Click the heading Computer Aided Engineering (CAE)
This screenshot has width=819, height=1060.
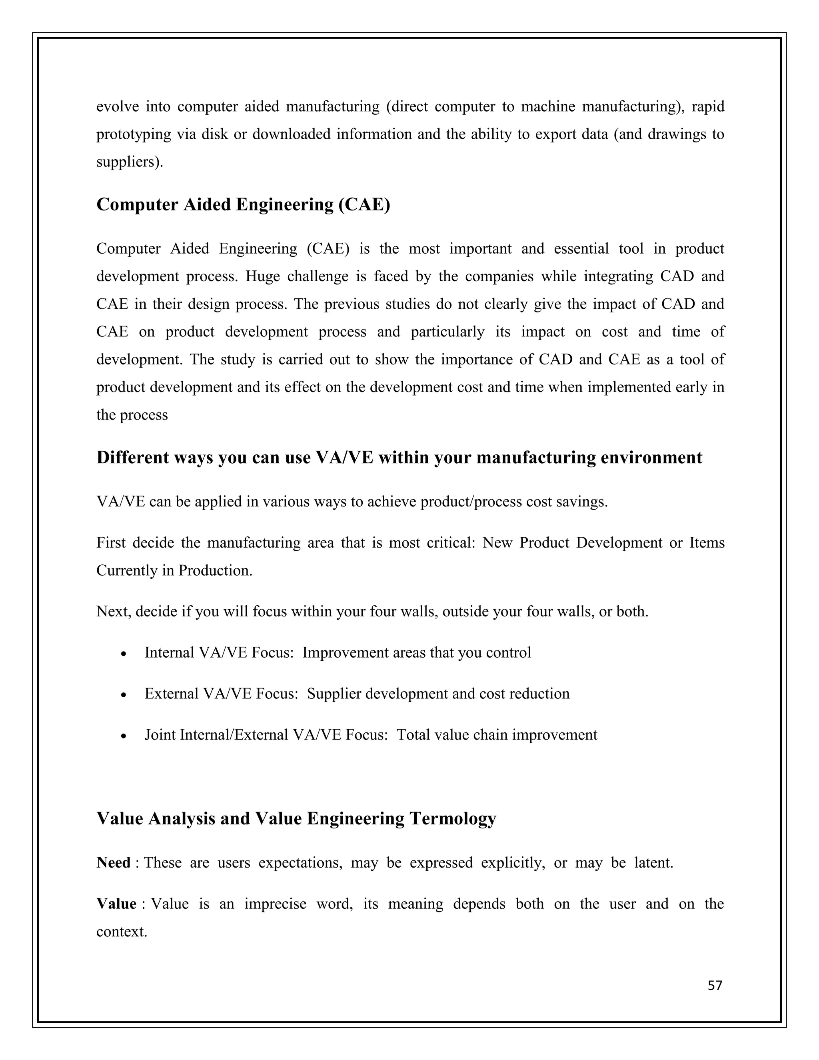(x=243, y=205)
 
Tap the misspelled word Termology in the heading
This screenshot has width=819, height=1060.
(x=452, y=818)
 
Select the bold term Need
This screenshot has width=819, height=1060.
(x=114, y=862)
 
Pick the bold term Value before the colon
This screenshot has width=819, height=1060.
(x=116, y=904)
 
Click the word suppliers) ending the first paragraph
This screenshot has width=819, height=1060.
(x=130, y=162)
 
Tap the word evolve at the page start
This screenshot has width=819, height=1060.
(x=118, y=106)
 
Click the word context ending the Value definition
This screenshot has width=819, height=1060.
(x=121, y=931)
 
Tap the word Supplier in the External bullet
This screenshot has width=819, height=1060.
(x=334, y=694)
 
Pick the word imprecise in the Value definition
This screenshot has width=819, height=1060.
(x=275, y=904)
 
